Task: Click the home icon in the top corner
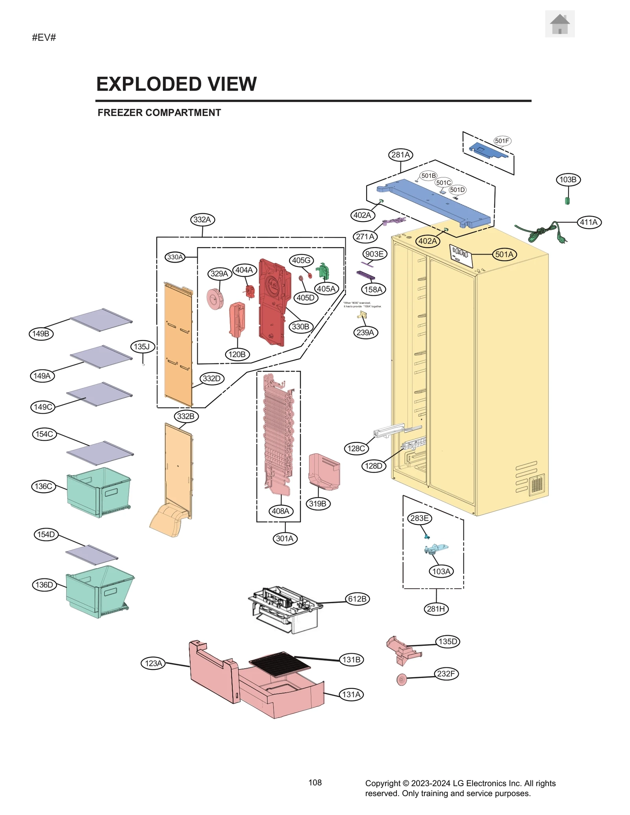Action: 559,24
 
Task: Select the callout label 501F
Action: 502,141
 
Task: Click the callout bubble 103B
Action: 568,180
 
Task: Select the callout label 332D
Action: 212,379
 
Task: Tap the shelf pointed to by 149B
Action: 102,319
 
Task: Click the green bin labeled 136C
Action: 98,491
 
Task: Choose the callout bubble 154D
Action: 46,534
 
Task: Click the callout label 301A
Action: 285,538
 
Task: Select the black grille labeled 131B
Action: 280,664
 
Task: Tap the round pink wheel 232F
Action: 401,680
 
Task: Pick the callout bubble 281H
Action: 436,609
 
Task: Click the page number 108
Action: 315,783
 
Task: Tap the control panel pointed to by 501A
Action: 461,255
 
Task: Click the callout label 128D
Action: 373,466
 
